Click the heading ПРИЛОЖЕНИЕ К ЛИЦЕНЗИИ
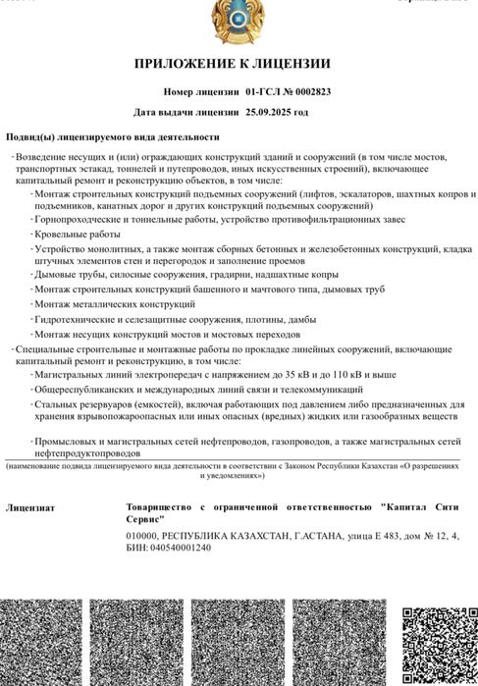(x=239, y=64)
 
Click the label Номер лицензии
(x=201, y=91)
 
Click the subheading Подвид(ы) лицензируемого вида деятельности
(x=113, y=136)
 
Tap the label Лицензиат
(x=30, y=508)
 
